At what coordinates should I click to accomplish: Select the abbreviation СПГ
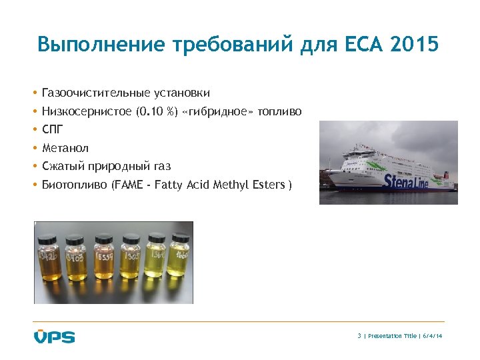[53, 129]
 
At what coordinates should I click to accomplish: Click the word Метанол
[65, 148]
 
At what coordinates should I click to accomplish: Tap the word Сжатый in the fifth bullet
[61, 166]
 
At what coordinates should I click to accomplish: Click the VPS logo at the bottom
[55, 336]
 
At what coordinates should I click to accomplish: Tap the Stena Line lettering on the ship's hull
[406, 181]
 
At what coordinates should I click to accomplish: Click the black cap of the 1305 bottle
[131, 237]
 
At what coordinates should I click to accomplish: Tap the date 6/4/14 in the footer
[433, 336]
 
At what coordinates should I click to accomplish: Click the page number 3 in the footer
[359, 336]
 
